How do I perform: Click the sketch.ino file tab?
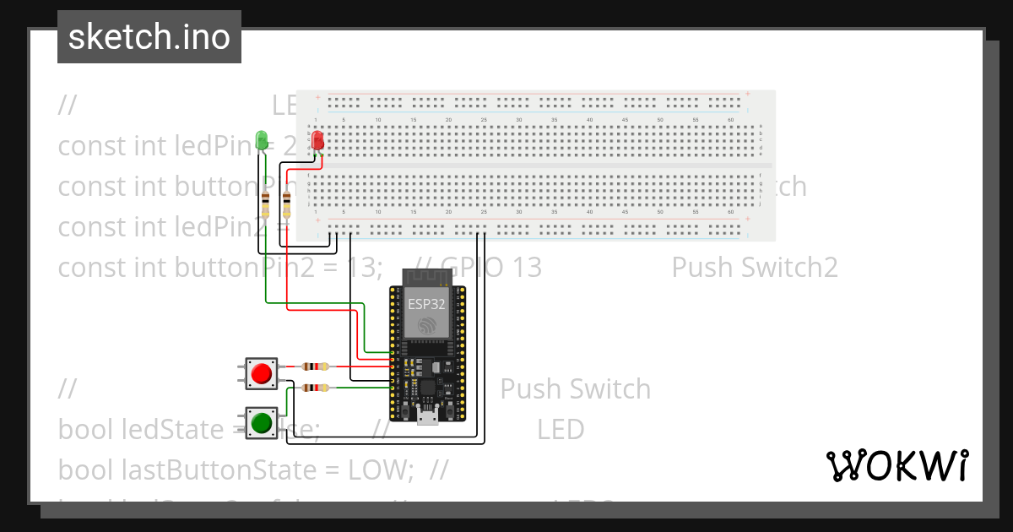pyautogui.click(x=149, y=37)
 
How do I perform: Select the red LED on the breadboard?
pyautogui.click(x=317, y=140)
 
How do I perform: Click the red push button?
pyautogui.click(x=262, y=373)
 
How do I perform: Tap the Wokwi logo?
pyautogui.click(x=897, y=465)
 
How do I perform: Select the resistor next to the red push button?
pyautogui.click(x=315, y=366)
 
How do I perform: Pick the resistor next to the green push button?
pyautogui.click(x=315, y=388)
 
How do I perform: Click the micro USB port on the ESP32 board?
pyautogui.click(x=428, y=415)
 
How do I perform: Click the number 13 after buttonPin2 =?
pyautogui.click(x=363, y=268)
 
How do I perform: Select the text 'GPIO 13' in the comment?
pyautogui.click(x=490, y=268)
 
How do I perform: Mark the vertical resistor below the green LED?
pyautogui.click(x=266, y=204)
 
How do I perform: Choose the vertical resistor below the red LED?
pyautogui.click(x=286, y=204)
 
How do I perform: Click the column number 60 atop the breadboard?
pyautogui.click(x=730, y=121)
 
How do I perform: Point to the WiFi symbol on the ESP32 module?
pyautogui.click(x=427, y=326)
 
